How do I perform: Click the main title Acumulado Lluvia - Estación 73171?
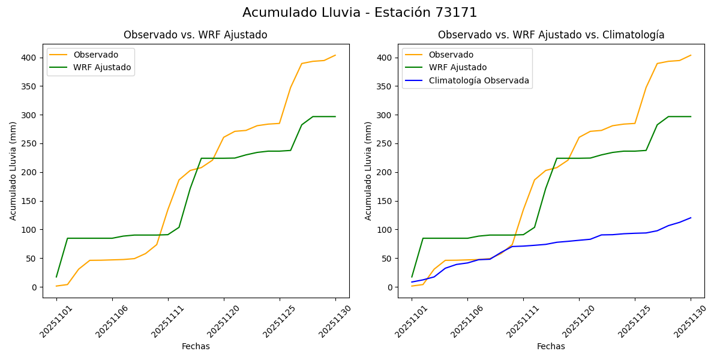360,13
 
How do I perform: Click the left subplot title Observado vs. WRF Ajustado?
196,35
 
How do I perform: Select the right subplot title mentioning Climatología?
551,35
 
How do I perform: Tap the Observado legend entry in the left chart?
95,55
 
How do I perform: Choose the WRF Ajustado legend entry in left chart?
102,67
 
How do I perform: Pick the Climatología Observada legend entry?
479,80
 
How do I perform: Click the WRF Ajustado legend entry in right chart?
457,67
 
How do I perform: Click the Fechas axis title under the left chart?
196,346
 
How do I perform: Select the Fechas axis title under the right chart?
551,346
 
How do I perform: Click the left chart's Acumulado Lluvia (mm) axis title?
13,170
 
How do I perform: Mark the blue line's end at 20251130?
691,218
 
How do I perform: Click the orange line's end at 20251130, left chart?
335,55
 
